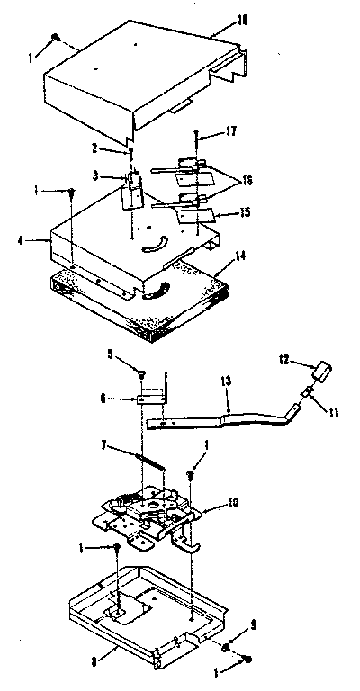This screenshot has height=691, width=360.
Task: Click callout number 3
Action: [x=105, y=175]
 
